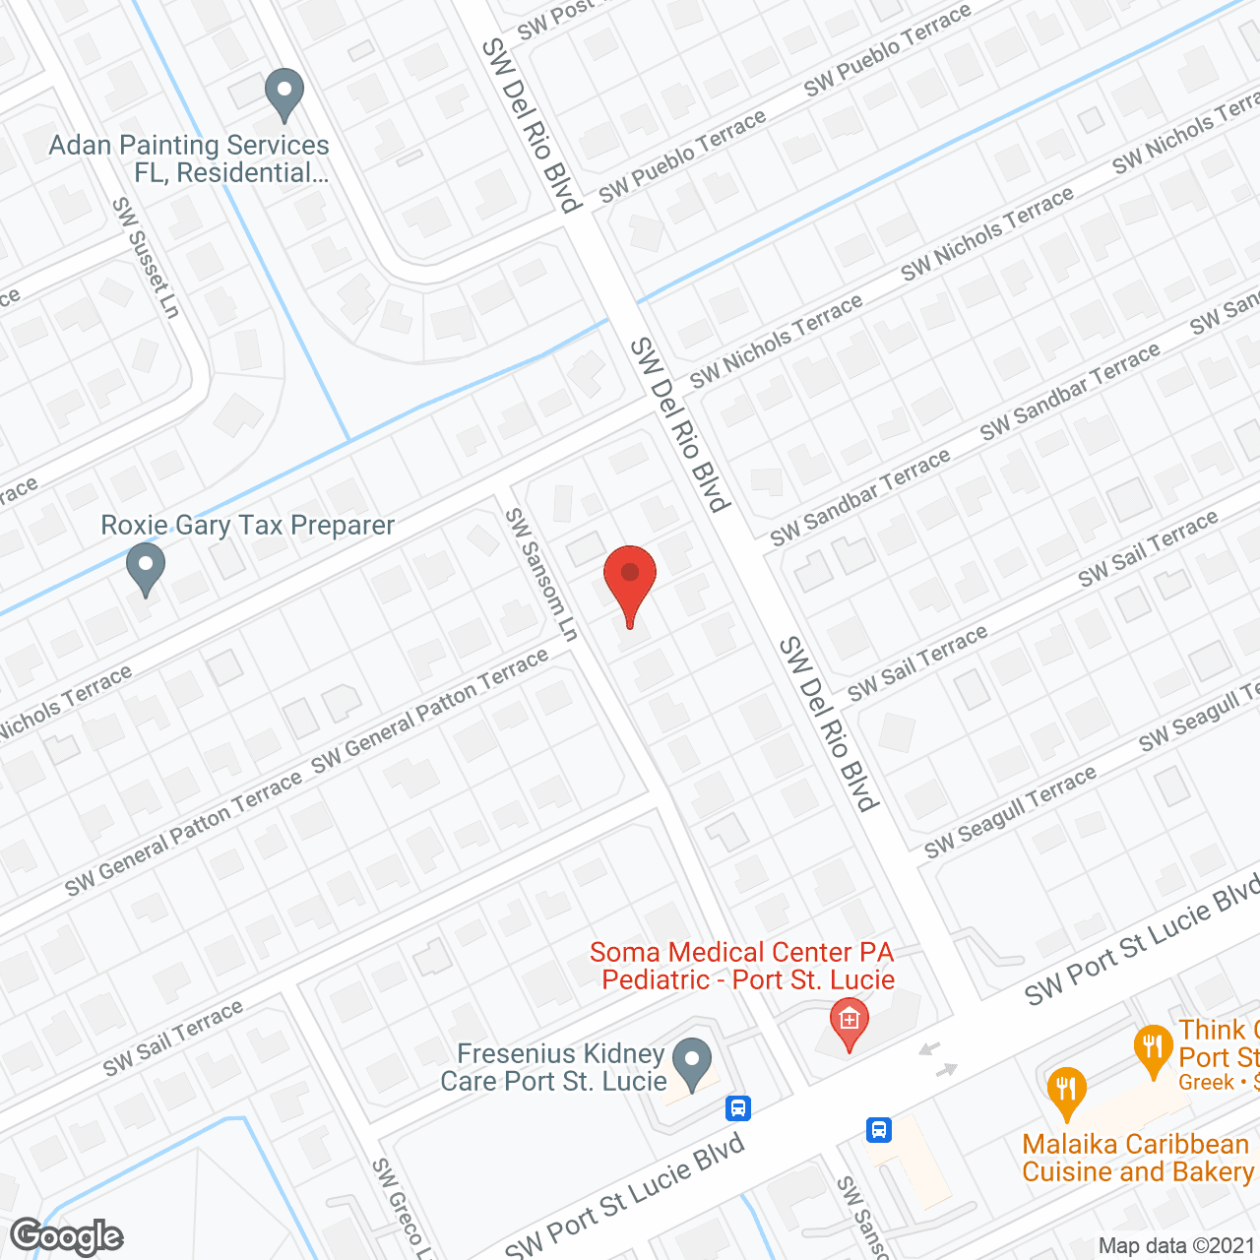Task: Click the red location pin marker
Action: pos(630,581)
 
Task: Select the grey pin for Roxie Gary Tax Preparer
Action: pos(146,569)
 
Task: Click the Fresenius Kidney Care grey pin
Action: pos(692,1063)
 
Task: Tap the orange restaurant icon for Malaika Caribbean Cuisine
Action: pos(1066,1091)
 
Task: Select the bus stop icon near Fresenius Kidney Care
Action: pos(738,1108)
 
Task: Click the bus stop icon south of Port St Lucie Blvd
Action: pos(879,1129)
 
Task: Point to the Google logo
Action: pos(67,1236)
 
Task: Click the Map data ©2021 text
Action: pos(1175,1246)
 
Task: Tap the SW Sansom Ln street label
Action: pos(540,575)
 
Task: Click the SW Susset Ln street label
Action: pos(146,258)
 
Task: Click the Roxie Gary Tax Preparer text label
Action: pos(247,526)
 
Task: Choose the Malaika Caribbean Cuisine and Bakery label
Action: pos(1138,1158)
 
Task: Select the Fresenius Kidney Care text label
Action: pos(553,1067)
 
